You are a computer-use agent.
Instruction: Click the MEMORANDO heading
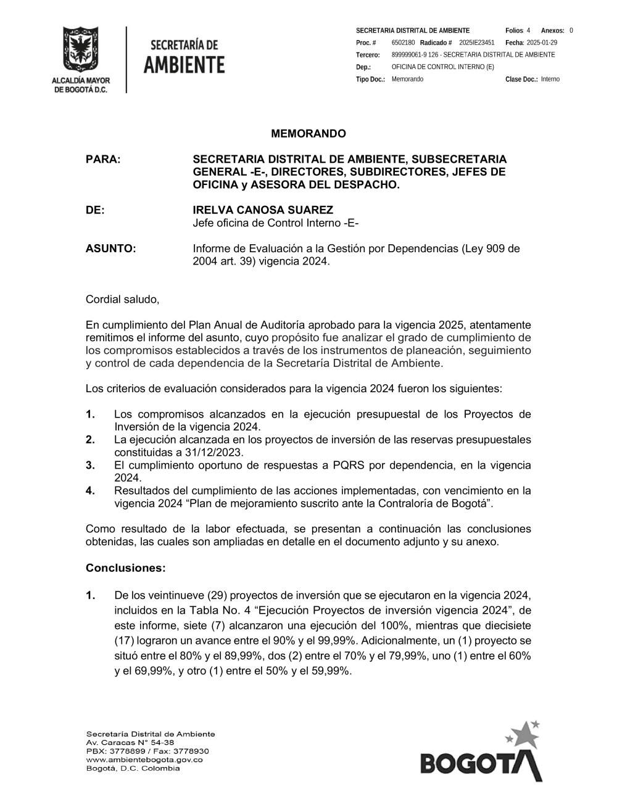(x=308, y=134)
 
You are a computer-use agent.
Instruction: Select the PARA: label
(x=103, y=160)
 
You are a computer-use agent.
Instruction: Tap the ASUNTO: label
(x=110, y=249)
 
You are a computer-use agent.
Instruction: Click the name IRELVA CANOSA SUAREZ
(x=263, y=210)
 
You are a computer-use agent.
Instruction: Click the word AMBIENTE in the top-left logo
(x=184, y=65)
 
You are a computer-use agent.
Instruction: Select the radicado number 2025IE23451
(x=477, y=43)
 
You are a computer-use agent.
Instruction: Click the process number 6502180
(x=403, y=43)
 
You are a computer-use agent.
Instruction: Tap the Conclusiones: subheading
(x=126, y=567)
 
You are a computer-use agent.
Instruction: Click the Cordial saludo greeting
(x=122, y=300)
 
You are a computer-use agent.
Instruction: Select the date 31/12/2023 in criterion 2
(x=217, y=453)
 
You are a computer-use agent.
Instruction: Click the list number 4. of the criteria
(x=90, y=491)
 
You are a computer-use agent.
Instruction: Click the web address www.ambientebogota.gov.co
(x=144, y=760)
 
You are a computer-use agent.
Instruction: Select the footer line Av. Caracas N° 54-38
(x=130, y=742)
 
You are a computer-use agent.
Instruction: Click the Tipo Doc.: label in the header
(x=370, y=80)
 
